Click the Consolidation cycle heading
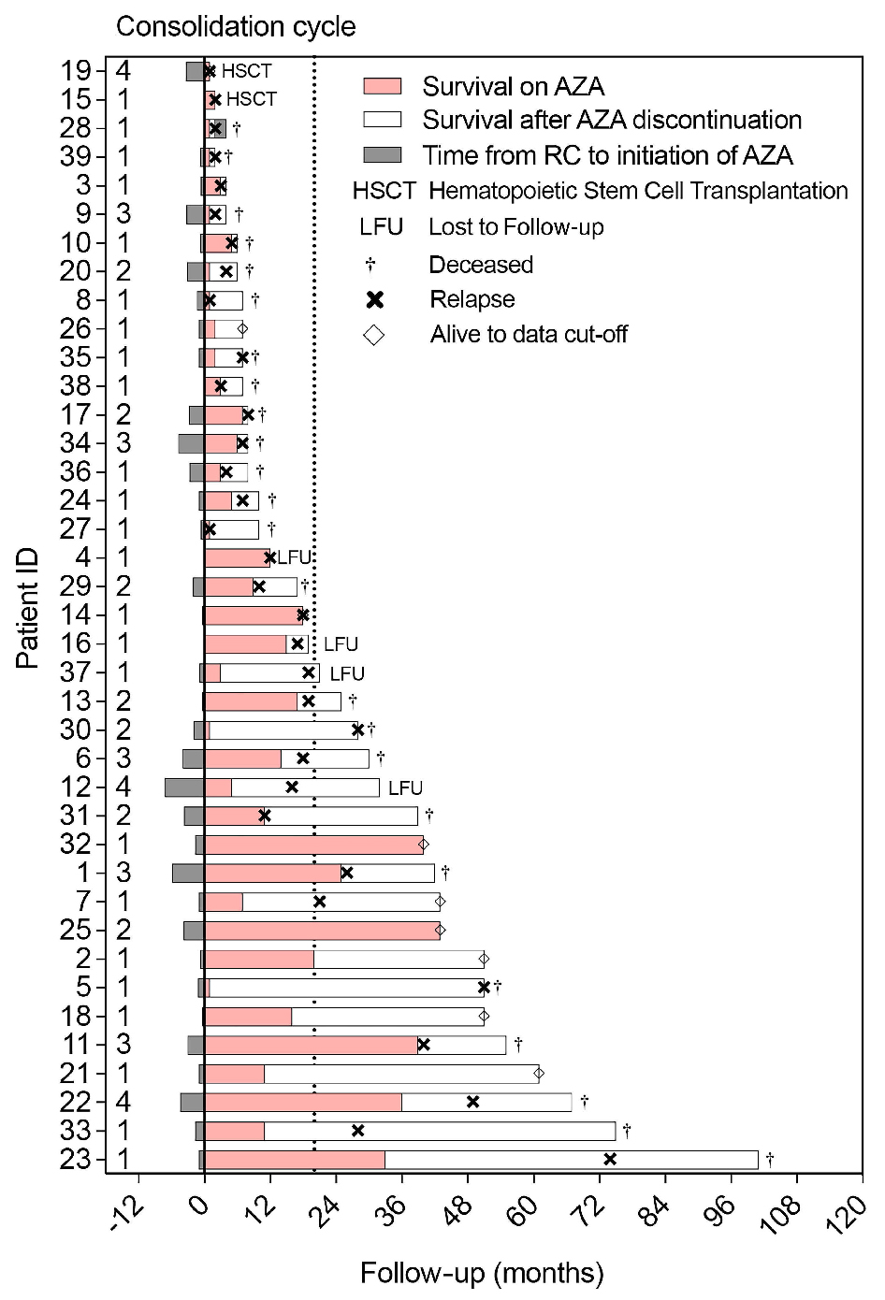coord(236,26)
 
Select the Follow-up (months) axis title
coord(482,1273)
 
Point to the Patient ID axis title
coord(28,613)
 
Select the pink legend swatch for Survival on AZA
coord(382,86)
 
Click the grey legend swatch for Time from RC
coord(382,154)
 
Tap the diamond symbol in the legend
coord(374,334)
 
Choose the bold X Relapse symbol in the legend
coord(375,299)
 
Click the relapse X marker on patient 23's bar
coord(610,1159)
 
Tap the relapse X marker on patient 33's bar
coord(357,1131)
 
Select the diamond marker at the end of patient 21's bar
coord(539,1074)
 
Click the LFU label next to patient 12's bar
coord(405,787)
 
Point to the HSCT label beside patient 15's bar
coord(252,99)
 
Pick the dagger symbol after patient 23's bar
coord(770,1159)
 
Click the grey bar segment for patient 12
coord(184,787)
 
